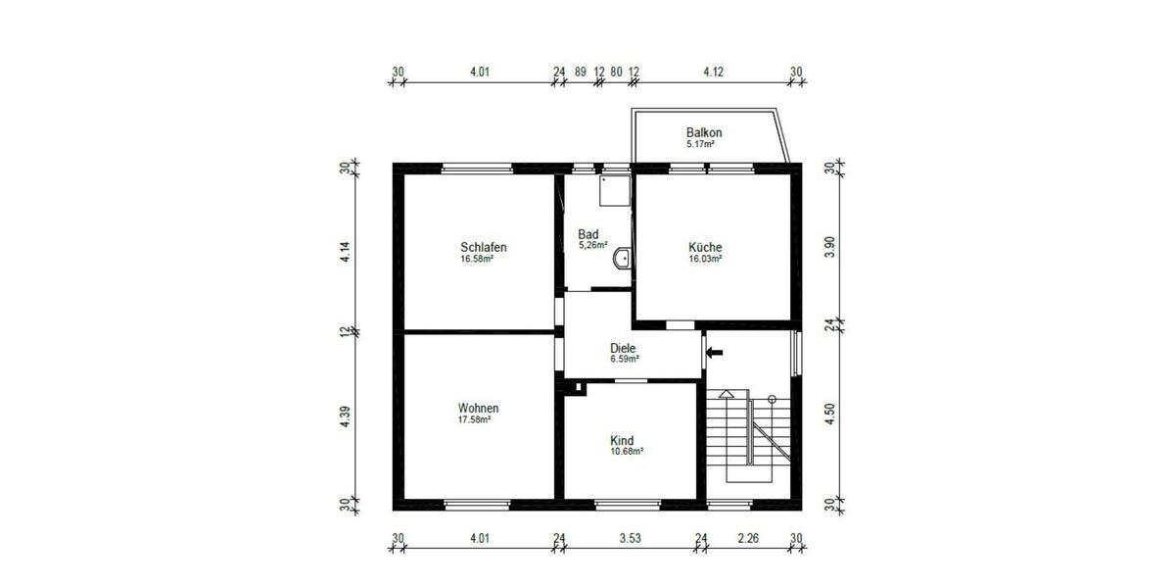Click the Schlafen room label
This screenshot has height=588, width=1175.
483,247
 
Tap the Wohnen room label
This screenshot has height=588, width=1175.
478,409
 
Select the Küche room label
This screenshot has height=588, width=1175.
705,247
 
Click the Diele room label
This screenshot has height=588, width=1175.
623,348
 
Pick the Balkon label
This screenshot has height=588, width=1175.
704,132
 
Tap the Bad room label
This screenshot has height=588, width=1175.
587,234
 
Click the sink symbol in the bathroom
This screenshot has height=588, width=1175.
622,259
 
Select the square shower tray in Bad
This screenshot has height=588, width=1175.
615,192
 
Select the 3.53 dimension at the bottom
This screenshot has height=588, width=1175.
630,537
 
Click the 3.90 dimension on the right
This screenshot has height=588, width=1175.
830,247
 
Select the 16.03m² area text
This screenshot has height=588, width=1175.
705,260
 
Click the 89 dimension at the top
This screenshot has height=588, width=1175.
581,72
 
